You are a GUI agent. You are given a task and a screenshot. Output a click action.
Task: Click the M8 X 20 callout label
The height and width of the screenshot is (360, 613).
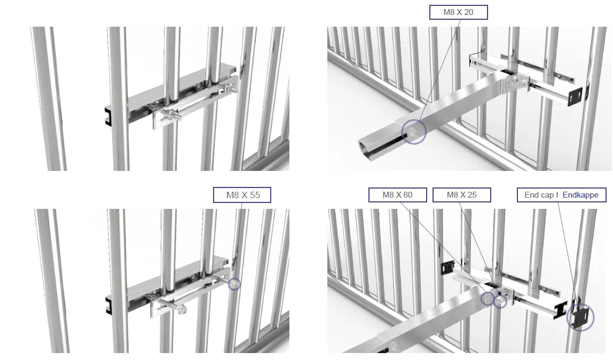click(x=458, y=12)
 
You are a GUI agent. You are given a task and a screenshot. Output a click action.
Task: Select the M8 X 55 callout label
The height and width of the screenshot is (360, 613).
click(x=242, y=195)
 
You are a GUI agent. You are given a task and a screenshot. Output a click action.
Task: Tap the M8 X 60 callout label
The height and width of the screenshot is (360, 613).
click(x=397, y=194)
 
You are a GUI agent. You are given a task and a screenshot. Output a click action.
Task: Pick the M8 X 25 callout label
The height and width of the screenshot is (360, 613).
click(x=461, y=194)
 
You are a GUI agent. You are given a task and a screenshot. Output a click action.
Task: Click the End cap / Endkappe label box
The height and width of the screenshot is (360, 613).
click(x=561, y=194)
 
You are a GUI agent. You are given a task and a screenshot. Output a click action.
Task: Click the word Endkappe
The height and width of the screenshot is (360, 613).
click(x=580, y=194)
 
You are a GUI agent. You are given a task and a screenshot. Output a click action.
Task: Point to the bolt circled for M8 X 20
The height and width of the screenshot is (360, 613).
click(x=414, y=132)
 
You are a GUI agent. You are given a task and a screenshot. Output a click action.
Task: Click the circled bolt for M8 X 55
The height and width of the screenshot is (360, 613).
click(x=234, y=284)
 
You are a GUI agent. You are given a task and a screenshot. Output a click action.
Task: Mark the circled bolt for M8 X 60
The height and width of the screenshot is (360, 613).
click(x=488, y=299)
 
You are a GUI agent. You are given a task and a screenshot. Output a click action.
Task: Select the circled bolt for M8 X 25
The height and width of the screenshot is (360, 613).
click(x=500, y=301)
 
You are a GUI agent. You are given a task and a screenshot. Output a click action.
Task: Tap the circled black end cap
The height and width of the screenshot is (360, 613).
click(x=579, y=316)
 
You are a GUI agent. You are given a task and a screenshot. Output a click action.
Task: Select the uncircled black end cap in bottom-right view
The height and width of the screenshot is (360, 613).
click(x=447, y=268)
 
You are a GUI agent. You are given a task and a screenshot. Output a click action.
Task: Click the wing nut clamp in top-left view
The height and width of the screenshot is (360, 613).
click(x=170, y=115)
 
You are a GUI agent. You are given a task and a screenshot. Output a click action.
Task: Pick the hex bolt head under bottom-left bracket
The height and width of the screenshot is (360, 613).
click(x=182, y=310)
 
